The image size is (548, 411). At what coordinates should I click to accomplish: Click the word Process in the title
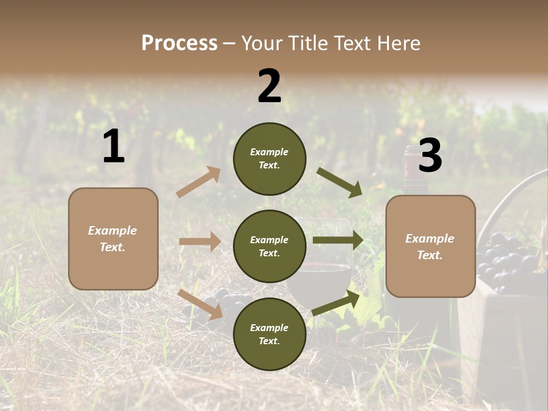click(179, 43)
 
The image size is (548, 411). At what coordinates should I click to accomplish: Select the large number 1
click(114, 147)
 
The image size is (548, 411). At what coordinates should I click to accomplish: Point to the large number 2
click(269, 86)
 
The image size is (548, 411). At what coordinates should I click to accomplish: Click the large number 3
click(430, 155)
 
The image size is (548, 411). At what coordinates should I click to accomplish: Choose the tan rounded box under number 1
click(113, 239)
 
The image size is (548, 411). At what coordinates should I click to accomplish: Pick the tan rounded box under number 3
click(430, 247)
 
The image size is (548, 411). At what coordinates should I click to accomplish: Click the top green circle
click(269, 159)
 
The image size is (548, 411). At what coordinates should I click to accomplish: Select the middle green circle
click(269, 247)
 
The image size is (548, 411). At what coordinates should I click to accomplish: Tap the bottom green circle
click(269, 334)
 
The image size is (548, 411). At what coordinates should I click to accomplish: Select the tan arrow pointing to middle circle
click(200, 241)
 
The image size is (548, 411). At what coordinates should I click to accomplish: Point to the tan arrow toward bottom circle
click(201, 304)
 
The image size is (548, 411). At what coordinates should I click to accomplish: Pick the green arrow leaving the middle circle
click(338, 240)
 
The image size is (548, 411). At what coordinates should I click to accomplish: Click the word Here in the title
click(400, 43)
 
